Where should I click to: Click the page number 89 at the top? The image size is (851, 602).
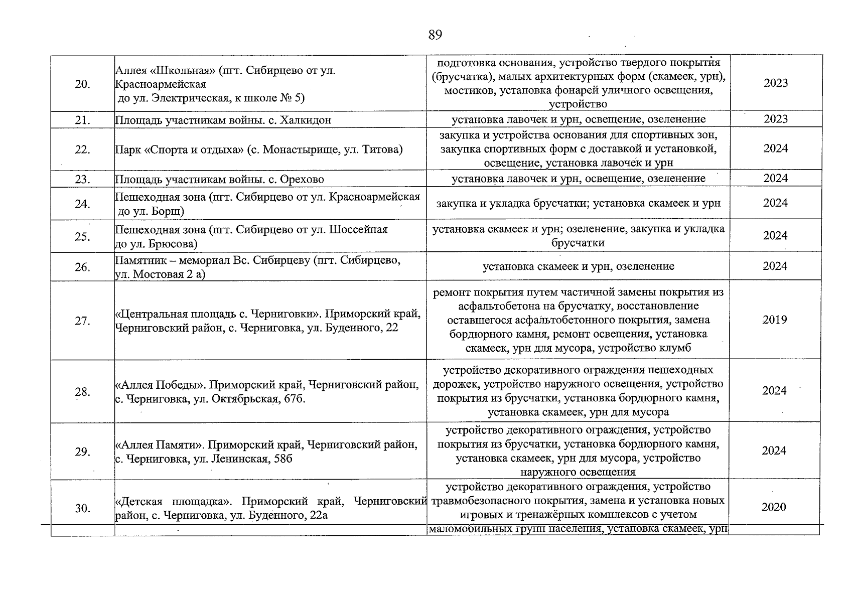(x=435, y=35)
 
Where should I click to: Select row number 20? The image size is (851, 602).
(x=82, y=84)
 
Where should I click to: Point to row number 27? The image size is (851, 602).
(x=82, y=321)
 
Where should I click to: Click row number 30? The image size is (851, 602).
(x=82, y=509)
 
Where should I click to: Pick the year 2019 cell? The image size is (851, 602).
(x=775, y=320)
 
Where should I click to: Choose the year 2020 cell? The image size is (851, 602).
(x=774, y=507)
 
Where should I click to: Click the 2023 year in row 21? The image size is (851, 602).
(x=776, y=119)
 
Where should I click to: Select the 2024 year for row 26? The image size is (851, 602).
(x=775, y=266)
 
